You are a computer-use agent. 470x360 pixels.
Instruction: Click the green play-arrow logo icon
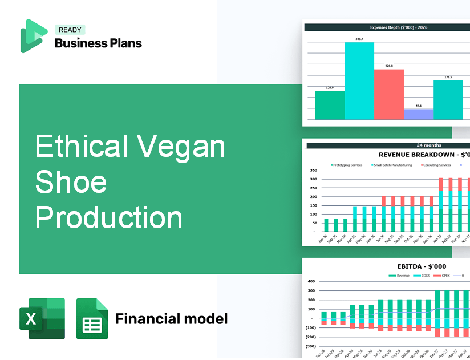click(33, 36)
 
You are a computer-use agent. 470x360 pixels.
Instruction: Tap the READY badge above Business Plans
click(70, 30)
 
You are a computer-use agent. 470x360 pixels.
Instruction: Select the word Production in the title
click(109, 217)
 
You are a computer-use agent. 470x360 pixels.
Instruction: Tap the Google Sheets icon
click(92, 318)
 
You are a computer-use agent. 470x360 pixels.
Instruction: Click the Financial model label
click(171, 318)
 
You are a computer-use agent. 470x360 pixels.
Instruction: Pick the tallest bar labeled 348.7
click(359, 80)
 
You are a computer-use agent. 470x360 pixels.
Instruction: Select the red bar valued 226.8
click(389, 94)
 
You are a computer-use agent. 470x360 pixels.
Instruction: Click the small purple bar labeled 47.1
click(419, 114)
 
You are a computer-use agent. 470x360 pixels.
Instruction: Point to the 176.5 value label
click(448, 77)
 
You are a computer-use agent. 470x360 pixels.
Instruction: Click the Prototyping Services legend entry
click(347, 165)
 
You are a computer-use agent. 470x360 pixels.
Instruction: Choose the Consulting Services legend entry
click(437, 165)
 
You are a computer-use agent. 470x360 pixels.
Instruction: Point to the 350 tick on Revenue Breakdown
click(313, 171)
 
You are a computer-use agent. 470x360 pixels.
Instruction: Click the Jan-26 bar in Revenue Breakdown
click(326, 225)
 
